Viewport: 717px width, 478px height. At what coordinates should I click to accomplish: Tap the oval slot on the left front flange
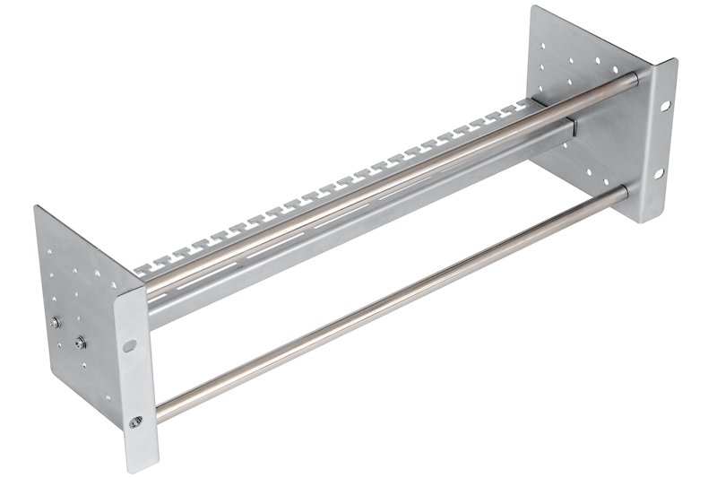click(131, 343)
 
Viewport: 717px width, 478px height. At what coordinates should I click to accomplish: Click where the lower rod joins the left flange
click(160, 413)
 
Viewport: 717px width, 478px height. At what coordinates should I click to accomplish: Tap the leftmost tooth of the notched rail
click(143, 266)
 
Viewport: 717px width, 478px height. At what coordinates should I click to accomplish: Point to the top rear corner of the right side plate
click(535, 7)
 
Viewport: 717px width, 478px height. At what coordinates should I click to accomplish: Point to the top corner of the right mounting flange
click(674, 60)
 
